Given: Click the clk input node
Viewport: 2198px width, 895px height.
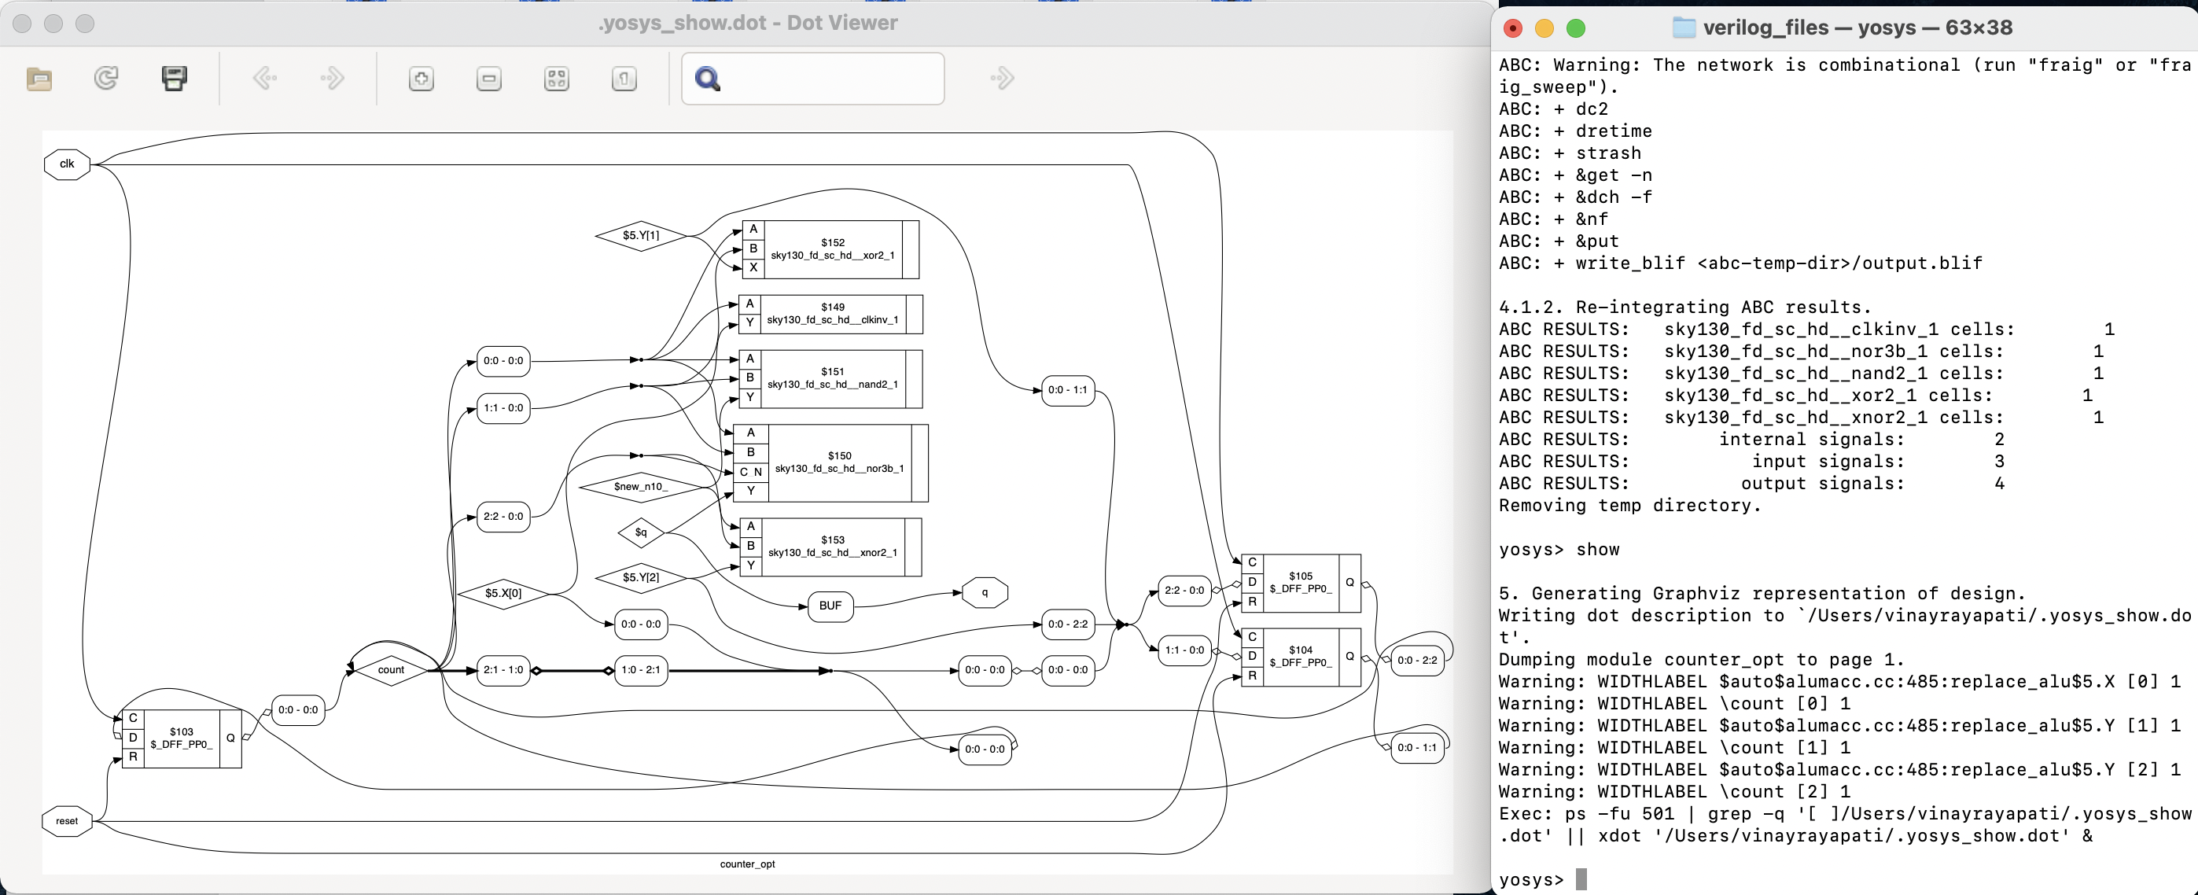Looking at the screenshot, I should point(67,164).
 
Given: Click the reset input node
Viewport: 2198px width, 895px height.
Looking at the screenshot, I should point(67,821).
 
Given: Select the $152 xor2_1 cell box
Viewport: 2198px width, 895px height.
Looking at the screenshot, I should point(832,249).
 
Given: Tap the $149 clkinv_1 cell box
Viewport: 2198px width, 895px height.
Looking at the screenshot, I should point(832,314).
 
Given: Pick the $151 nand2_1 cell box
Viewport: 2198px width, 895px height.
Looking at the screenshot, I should point(832,378).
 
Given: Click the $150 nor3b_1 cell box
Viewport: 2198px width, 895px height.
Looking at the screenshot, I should point(839,462).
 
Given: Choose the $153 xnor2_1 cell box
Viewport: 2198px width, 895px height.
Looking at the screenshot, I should point(832,546).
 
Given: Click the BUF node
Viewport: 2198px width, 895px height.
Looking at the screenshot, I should point(830,606).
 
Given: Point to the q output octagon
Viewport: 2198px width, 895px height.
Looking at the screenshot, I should point(985,592).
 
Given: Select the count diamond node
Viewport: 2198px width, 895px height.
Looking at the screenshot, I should point(391,670).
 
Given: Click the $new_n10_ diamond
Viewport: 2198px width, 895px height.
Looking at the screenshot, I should point(640,486).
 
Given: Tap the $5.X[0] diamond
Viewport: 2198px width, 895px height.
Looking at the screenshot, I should point(503,593).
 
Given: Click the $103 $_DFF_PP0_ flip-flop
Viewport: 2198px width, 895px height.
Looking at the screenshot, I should point(181,738).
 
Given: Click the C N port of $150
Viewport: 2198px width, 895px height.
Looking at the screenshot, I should point(750,472).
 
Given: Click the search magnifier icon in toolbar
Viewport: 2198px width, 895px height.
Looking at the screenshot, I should point(707,79).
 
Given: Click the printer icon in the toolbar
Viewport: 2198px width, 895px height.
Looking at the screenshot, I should point(174,79).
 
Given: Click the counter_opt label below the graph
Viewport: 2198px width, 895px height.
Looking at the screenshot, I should point(746,864).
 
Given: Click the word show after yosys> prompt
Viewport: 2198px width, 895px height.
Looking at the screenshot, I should point(1597,550).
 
